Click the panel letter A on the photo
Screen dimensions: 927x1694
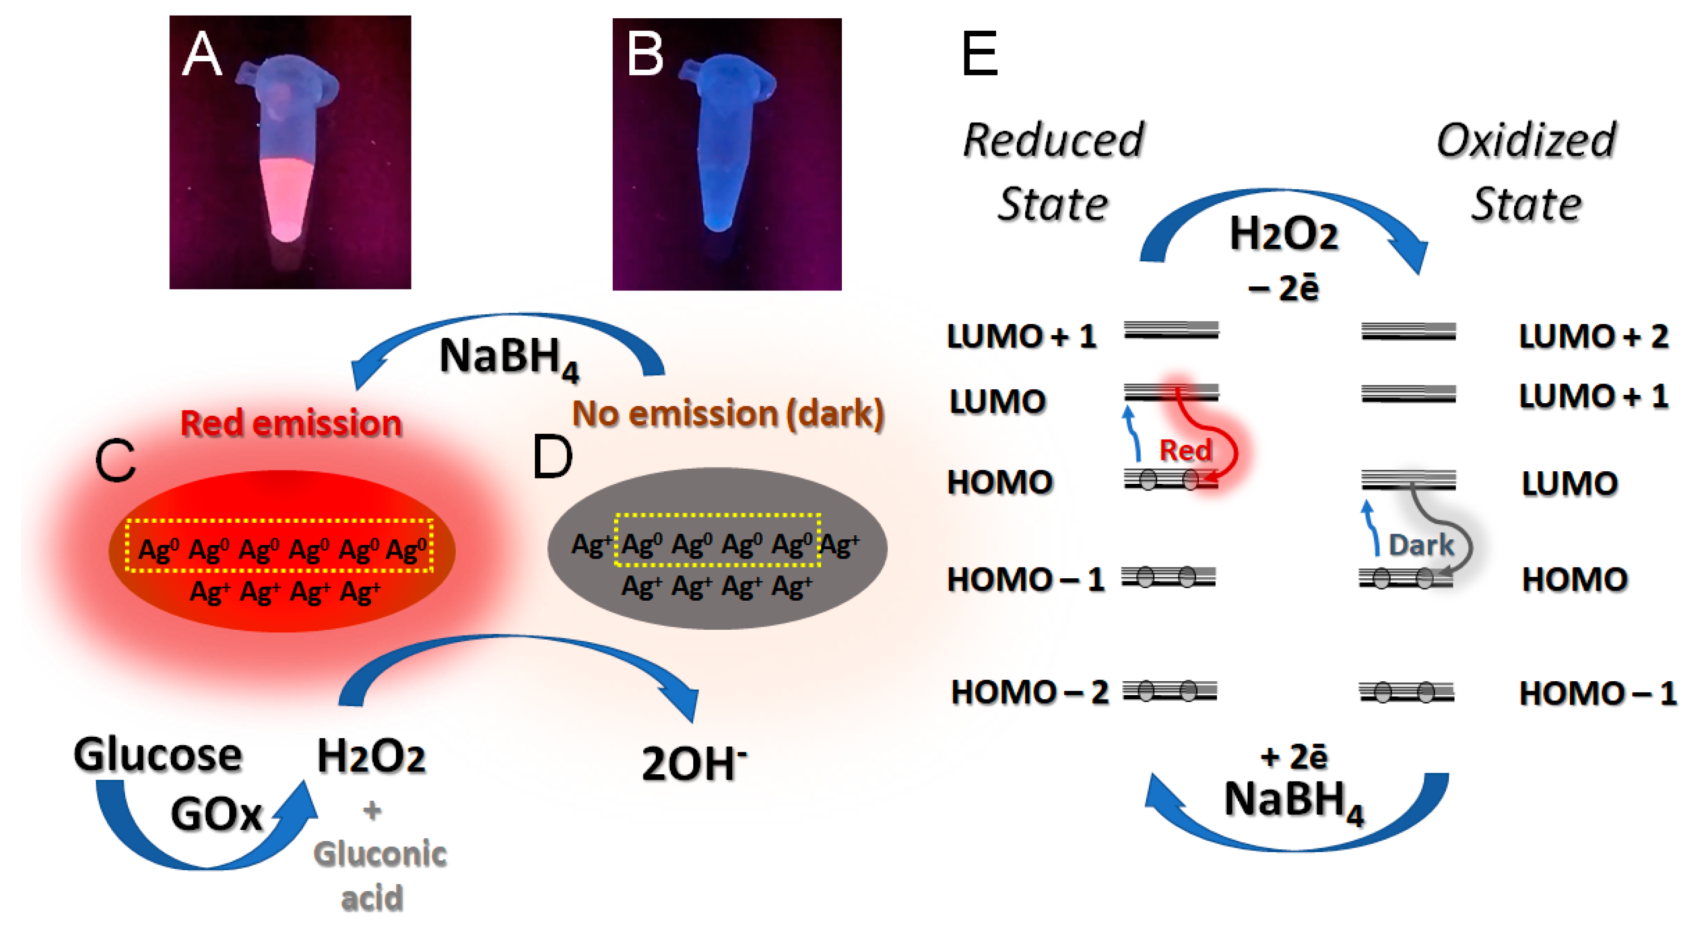201,55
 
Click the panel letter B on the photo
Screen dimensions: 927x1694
644,55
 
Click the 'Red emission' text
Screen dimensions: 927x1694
290,423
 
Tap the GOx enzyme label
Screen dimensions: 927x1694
217,814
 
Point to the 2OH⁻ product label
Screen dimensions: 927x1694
694,764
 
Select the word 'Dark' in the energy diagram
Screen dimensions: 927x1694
1421,545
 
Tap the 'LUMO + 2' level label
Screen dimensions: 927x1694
1593,336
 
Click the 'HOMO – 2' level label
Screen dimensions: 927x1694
1029,692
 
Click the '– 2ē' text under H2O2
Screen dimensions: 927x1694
1283,288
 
